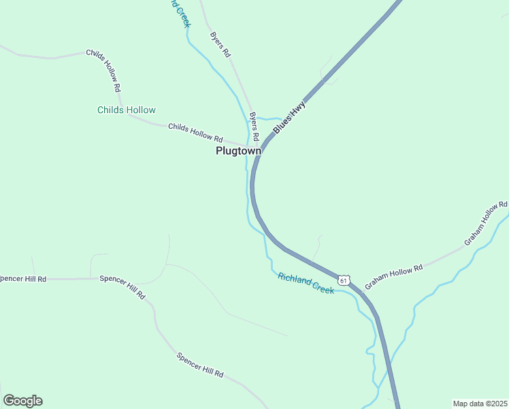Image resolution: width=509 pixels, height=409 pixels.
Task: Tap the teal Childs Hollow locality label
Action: point(127,110)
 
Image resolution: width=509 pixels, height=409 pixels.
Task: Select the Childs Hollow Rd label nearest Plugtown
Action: point(195,132)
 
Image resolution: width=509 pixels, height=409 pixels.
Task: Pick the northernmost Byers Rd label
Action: point(220,44)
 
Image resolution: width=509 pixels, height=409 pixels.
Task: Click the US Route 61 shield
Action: point(344,280)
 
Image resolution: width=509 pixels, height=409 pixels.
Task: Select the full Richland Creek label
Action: point(306,283)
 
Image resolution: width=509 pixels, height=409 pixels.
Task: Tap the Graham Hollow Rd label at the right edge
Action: point(486,223)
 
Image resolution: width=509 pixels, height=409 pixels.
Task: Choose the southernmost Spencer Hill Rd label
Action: point(200,365)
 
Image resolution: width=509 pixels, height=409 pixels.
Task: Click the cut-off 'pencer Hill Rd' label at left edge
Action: point(23,279)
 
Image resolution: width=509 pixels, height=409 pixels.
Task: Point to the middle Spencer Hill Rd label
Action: point(122,288)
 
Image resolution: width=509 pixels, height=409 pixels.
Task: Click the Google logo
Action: point(22,401)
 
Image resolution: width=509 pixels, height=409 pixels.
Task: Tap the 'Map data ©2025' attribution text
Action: point(480,404)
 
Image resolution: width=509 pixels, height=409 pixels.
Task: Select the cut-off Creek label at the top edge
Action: point(180,12)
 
